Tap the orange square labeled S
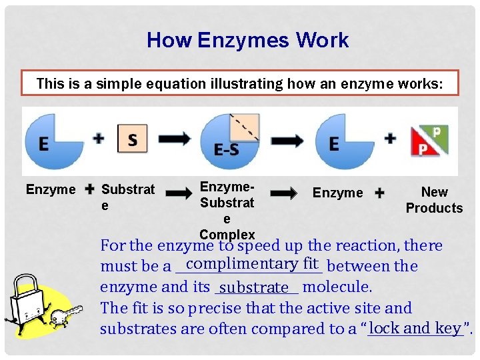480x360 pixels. coord(132,139)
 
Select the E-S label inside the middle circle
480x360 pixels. coord(227,151)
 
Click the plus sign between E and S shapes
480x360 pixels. coord(99,138)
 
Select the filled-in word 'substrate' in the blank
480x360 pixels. coord(253,288)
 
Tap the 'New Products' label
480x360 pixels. coord(434,200)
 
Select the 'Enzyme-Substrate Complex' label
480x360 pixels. coord(227,210)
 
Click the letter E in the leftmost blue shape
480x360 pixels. coord(43,144)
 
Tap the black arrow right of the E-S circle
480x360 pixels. coord(287,139)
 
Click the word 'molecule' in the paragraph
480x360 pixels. coord(337,287)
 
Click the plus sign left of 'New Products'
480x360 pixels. coord(380,193)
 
